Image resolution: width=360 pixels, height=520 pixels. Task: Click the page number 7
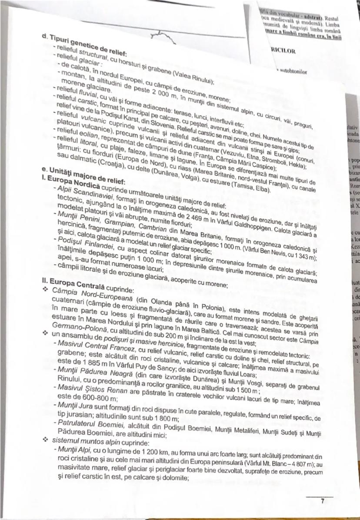(x=322, y=501)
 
